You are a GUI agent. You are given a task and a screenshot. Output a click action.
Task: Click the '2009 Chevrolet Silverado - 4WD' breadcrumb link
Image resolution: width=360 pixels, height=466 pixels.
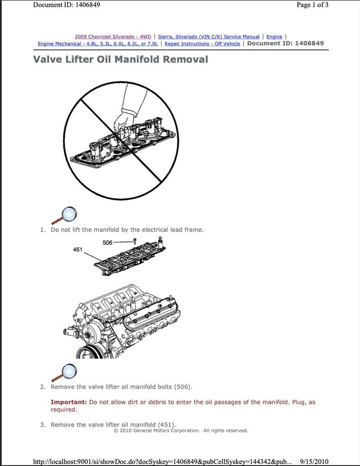click(x=113, y=36)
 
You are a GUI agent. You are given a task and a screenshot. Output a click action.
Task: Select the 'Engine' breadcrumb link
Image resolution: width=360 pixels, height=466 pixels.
click(x=274, y=36)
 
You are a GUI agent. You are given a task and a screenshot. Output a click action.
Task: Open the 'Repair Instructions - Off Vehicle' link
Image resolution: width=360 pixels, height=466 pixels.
click(x=202, y=44)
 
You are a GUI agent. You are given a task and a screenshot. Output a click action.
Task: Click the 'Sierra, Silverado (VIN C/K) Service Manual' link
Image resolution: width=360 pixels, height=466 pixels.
click(x=209, y=36)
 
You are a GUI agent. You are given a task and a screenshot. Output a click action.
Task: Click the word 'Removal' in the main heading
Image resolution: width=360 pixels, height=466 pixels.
click(x=183, y=59)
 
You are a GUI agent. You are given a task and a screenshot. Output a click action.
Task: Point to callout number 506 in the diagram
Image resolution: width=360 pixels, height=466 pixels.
click(x=108, y=243)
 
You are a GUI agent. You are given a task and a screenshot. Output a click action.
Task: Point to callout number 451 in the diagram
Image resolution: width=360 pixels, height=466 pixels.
click(x=78, y=250)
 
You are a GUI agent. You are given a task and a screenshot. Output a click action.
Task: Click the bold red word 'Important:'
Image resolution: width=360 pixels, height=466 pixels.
click(x=68, y=402)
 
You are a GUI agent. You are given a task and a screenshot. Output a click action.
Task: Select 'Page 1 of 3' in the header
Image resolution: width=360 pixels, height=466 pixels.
click(x=312, y=5)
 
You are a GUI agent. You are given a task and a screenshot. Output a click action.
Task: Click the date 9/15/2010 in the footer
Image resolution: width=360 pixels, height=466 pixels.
click(x=314, y=461)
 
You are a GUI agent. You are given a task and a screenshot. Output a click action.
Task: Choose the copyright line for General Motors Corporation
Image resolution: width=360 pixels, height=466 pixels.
click(x=180, y=430)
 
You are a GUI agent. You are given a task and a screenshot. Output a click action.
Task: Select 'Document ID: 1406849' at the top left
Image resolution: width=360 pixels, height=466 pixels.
click(x=67, y=5)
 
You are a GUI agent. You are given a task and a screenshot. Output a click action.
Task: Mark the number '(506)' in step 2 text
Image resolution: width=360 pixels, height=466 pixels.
click(x=182, y=387)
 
